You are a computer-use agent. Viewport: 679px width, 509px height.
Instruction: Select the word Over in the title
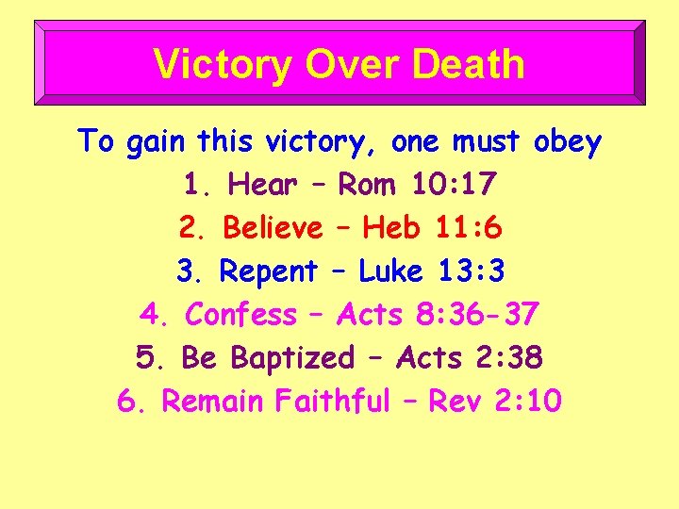(x=335, y=64)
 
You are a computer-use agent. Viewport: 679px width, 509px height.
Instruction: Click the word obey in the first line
(x=566, y=142)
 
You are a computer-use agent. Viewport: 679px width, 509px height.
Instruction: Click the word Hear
(x=262, y=186)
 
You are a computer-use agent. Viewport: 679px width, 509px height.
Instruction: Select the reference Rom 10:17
(x=416, y=186)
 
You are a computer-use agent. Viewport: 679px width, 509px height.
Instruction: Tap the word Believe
(x=272, y=228)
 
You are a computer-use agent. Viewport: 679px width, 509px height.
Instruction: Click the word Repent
(x=268, y=271)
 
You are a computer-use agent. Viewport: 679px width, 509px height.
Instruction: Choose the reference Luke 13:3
(x=432, y=271)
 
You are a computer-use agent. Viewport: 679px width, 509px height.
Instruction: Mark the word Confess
(x=240, y=314)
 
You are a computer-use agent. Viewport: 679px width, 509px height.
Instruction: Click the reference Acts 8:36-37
(x=437, y=314)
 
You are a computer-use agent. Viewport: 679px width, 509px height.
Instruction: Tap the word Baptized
(x=292, y=358)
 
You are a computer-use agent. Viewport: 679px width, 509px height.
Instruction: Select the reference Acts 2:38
(x=470, y=358)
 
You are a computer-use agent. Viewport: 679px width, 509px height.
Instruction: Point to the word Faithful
(x=332, y=402)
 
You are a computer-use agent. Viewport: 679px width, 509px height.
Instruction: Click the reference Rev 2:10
(x=495, y=402)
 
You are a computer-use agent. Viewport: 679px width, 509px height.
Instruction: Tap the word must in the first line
(x=486, y=142)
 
